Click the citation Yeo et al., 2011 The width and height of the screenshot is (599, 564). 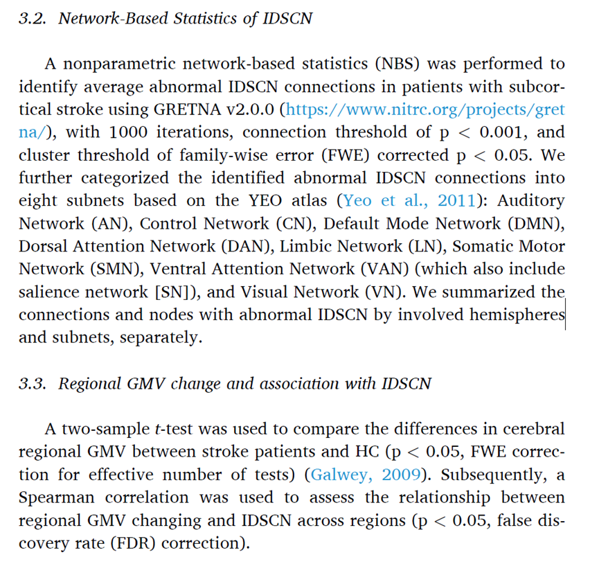[408, 201]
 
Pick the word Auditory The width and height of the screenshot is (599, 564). [530, 201]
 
